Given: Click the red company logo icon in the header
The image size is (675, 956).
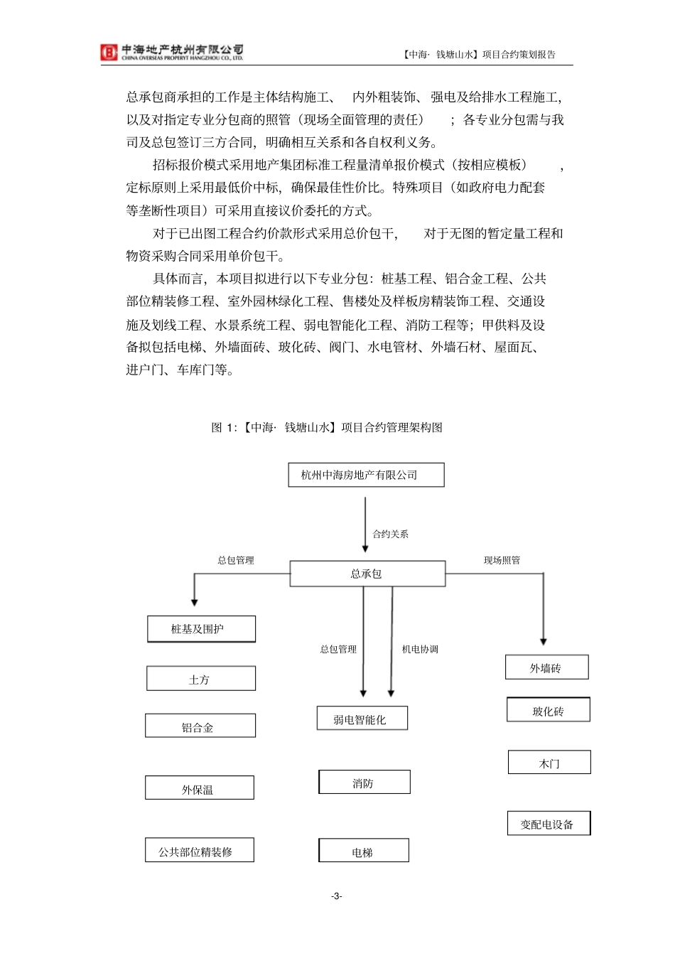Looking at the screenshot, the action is pos(109,52).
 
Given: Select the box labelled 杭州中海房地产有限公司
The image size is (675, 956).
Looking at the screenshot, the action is pos(366,475).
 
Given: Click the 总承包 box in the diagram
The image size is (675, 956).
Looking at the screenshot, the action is pos(367,574).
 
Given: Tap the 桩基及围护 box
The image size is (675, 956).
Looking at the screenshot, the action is pos(201,629).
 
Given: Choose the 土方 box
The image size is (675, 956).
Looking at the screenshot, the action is pos(201,679).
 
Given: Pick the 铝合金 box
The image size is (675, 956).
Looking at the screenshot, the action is pos(200,726).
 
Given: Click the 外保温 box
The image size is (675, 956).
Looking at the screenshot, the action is pos(200,788).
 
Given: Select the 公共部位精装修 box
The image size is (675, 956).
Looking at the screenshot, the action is pos(200,851).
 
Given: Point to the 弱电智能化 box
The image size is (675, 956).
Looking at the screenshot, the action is pos(362,719).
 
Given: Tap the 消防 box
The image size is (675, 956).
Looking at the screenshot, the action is pos(364,783).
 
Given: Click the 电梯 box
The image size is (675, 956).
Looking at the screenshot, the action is pos(364,851).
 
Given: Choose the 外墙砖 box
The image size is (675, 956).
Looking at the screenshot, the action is pos(547,667).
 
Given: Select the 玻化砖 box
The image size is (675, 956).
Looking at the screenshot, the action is pos(549,710).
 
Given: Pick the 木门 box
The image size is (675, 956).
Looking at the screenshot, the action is pos(549,763).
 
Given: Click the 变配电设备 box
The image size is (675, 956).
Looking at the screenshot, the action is pos(549,824).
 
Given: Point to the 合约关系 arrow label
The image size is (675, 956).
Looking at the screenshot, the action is pos(391,534).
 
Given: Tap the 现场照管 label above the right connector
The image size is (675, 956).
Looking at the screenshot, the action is pos(502,560).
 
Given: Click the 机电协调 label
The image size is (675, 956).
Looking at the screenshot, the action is pos(420,649).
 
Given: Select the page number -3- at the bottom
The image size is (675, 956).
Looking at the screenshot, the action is pos(337,896).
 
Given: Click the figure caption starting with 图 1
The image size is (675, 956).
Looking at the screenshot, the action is pos(327,427).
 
